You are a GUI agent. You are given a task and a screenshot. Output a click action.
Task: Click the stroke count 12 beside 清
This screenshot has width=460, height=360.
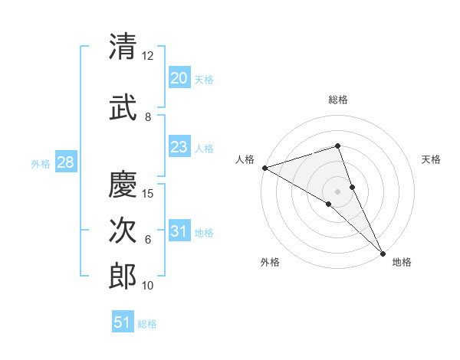pos(147,56)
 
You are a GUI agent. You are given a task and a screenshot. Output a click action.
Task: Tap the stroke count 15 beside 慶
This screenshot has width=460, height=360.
pos(149,193)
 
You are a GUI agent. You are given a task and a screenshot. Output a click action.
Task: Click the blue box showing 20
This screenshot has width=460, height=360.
pos(179,77)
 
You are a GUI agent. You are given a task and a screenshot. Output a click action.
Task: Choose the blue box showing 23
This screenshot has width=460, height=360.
pos(179,147)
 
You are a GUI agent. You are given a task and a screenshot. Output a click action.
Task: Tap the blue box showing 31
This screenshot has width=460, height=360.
pos(179,232)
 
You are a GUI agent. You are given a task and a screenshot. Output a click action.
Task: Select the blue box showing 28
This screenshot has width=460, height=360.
pos(65,162)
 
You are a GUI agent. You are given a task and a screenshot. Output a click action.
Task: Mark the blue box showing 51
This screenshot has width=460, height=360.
pos(123,322)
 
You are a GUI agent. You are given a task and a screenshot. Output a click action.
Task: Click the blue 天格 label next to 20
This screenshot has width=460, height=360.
pos(204,79)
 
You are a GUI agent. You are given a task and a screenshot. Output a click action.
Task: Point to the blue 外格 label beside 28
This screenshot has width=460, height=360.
pos(41,163)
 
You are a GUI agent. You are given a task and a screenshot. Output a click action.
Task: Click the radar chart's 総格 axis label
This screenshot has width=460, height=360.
pos(338,100)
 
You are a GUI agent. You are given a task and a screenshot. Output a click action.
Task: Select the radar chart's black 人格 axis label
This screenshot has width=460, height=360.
pos(245,159)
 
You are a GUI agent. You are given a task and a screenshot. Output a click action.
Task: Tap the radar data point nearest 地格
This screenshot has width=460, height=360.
pos(383,252)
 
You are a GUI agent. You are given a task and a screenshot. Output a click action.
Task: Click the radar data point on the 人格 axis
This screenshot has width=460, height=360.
pos(264,167)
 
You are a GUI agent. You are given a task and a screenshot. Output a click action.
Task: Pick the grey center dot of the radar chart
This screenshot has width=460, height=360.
pos(337,191)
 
